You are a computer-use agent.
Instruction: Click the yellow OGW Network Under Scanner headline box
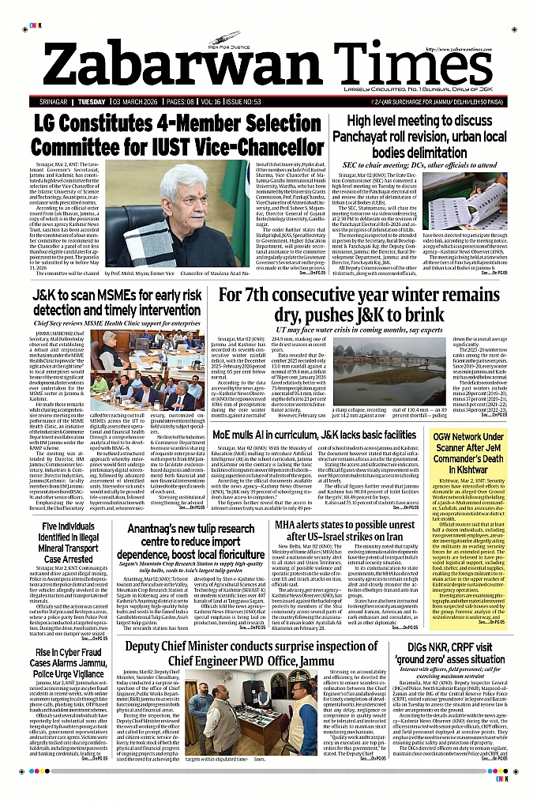coord(479,447)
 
